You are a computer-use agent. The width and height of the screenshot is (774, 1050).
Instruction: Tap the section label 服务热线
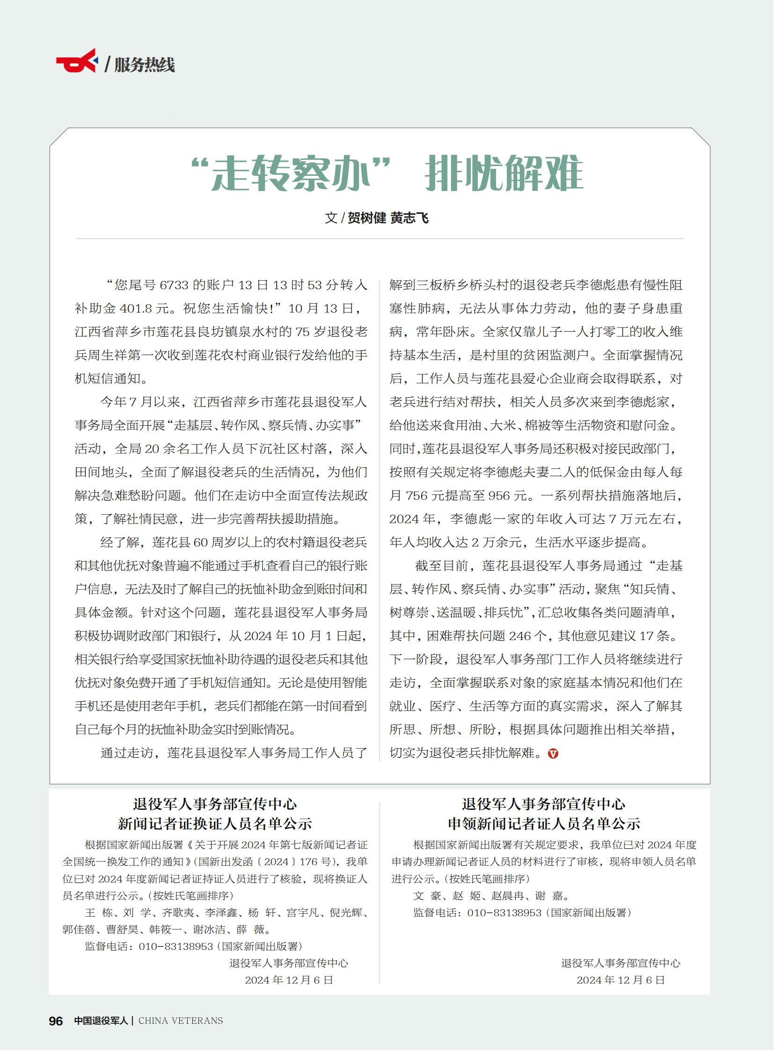coord(144,65)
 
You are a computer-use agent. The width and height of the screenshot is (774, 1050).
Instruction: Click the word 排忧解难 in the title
coord(504,173)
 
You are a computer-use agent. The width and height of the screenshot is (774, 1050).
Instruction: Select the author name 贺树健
coord(367,218)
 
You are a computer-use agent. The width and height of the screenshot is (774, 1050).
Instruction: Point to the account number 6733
coord(174,285)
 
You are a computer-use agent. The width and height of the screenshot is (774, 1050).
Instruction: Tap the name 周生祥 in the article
coord(108,355)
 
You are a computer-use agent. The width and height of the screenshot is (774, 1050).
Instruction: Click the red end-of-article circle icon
coord(553,753)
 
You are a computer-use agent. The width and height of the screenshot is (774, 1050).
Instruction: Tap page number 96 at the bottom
coord(56,1021)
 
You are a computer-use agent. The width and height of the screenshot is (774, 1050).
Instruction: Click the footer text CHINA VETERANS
coord(181,1021)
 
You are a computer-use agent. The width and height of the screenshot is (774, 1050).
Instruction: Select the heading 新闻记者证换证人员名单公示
coord(215,824)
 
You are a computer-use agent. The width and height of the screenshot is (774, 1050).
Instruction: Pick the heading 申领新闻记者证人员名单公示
coord(543,824)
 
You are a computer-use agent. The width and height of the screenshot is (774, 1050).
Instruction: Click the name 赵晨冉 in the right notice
coord(507,896)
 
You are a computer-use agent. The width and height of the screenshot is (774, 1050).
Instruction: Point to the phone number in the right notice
coord(504,912)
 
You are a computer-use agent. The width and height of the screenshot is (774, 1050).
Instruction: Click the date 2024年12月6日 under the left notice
coord(289,980)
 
